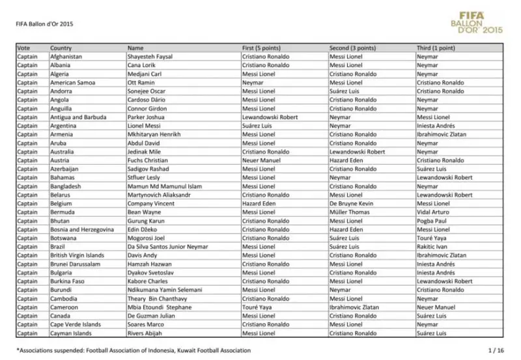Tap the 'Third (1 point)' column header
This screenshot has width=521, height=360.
436,48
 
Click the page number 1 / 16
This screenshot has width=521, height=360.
496,350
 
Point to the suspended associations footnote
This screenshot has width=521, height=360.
134,350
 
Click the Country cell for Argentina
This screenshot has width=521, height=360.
65,126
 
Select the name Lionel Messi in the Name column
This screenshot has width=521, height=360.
144,126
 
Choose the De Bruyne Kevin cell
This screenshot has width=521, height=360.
351,203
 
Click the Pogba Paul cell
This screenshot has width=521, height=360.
432,221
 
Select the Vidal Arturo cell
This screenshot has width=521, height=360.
432,212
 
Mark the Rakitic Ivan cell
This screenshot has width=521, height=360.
432,247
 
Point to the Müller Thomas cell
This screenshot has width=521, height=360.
348,212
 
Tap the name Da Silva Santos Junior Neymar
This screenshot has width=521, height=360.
167,247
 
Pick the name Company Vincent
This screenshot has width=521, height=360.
150,203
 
